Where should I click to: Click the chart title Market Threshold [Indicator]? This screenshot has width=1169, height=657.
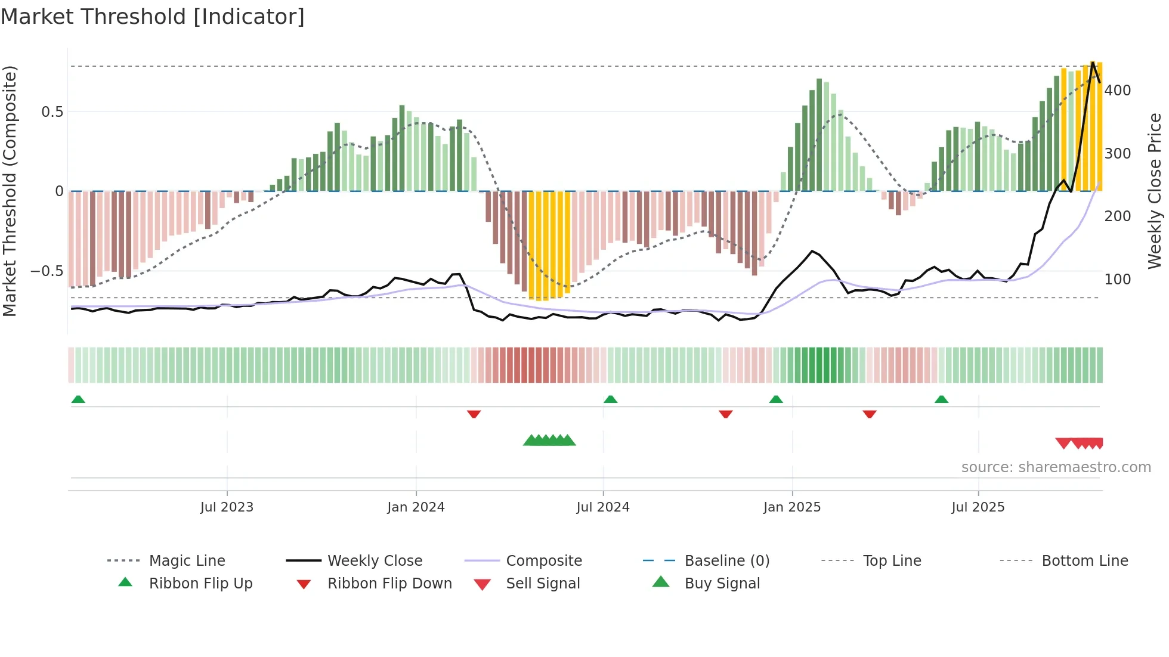click(153, 17)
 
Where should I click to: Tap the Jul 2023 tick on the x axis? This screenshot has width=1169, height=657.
click(227, 507)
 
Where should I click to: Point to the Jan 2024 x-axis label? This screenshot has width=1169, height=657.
click(416, 507)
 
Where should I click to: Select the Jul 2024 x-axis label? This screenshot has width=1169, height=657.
click(603, 507)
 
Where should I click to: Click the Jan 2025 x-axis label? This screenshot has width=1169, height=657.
click(792, 507)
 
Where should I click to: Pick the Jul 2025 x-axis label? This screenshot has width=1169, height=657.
click(978, 507)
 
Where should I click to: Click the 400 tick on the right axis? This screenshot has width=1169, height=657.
click(1118, 91)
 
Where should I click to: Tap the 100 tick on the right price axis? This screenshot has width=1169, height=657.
click(1118, 280)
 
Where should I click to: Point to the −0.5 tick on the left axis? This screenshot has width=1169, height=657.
click(47, 271)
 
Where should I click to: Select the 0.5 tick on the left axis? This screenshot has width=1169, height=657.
click(52, 112)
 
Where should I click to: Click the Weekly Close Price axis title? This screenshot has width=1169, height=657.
click(1155, 191)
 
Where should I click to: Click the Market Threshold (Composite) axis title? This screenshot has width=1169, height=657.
click(10, 191)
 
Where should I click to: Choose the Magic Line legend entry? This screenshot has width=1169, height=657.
click(187, 561)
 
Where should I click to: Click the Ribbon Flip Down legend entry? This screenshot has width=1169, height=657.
click(389, 584)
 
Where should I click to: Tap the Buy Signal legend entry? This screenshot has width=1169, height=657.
click(722, 584)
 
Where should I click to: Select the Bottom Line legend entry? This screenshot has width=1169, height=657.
click(1084, 561)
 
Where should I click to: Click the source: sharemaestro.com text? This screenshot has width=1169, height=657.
click(1056, 467)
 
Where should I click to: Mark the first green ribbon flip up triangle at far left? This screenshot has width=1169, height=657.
click(78, 399)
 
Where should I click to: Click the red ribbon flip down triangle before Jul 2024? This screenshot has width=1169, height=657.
click(474, 414)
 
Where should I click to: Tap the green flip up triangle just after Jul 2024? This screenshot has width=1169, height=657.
click(610, 399)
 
